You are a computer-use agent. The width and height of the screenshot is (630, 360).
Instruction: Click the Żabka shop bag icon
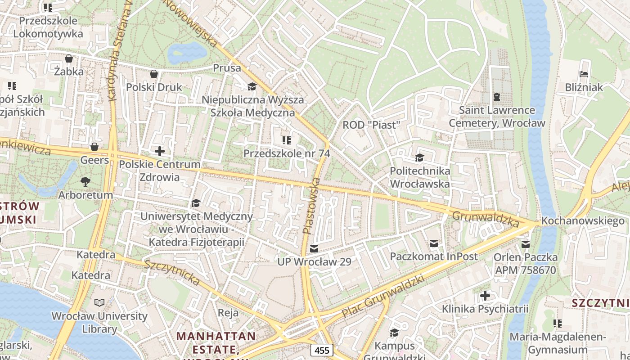pyautogui.click(x=69, y=58)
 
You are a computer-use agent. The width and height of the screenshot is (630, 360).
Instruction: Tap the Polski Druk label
pyautogui.click(x=154, y=87)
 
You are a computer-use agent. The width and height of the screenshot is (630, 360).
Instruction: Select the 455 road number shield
pyautogui.click(x=321, y=350)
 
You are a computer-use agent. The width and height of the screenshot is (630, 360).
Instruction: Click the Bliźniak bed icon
pyautogui.click(x=584, y=74)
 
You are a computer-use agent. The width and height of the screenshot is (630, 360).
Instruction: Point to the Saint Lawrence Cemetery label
pyautogui.click(x=497, y=117)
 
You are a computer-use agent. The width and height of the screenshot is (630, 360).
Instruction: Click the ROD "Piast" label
pyautogui.click(x=371, y=125)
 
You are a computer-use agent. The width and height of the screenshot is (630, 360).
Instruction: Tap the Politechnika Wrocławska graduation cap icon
pyautogui.click(x=419, y=157)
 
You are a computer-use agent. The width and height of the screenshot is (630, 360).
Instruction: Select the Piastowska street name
pyautogui.click(x=311, y=206)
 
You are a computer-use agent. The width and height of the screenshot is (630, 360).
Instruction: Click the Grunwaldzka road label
pyautogui.click(x=486, y=219)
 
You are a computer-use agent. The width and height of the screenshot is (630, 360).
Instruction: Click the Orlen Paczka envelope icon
pyautogui.click(x=525, y=244)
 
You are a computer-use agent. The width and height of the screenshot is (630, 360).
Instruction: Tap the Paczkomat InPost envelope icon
pyautogui.click(x=433, y=243)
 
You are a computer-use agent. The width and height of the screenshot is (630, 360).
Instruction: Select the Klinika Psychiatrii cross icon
pyautogui.click(x=485, y=296)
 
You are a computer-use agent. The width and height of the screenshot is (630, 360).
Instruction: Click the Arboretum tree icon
pyautogui.click(x=85, y=182)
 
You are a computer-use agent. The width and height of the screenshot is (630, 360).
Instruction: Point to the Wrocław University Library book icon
pyautogui.click(x=99, y=303)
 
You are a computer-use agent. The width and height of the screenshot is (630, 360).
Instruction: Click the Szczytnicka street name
pyautogui.click(x=171, y=272)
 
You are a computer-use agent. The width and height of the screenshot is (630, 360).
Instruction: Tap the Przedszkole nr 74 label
pyautogui.click(x=287, y=153)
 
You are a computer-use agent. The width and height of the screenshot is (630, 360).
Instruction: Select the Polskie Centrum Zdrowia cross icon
pyautogui.click(x=159, y=151)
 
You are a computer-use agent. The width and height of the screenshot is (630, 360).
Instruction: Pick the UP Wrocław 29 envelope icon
pyautogui.click(x=314, y=248)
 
